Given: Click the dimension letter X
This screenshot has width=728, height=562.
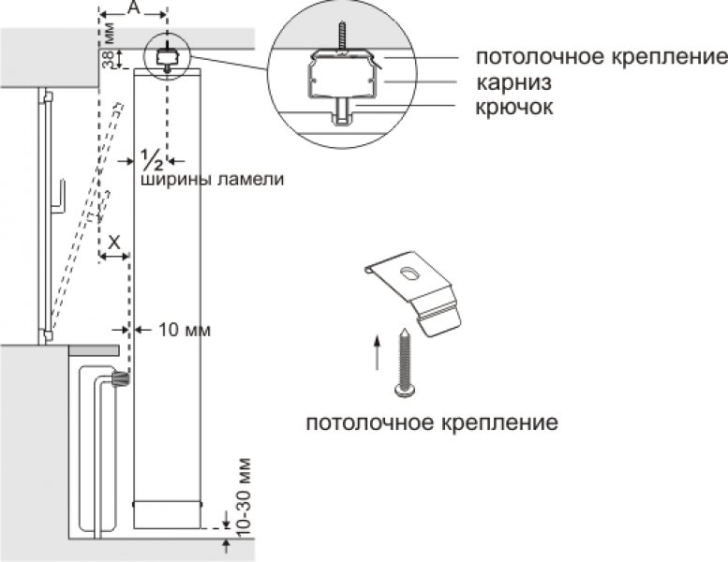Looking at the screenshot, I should point(114,242).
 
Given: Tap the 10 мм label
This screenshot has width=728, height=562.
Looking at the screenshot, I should point(185,330).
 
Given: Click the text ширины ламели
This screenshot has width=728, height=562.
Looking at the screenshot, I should point(212,178).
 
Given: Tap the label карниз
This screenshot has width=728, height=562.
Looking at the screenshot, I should point(513,81).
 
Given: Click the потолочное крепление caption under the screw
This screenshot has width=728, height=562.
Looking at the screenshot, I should point(432,422).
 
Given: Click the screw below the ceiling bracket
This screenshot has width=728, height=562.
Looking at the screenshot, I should point(407,360).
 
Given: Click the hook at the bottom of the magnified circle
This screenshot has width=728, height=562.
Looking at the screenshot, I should point(340,120).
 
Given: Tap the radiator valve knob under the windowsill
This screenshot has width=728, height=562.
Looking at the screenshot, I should point(119,380).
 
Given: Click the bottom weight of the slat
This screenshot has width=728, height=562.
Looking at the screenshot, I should point(168,515).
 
